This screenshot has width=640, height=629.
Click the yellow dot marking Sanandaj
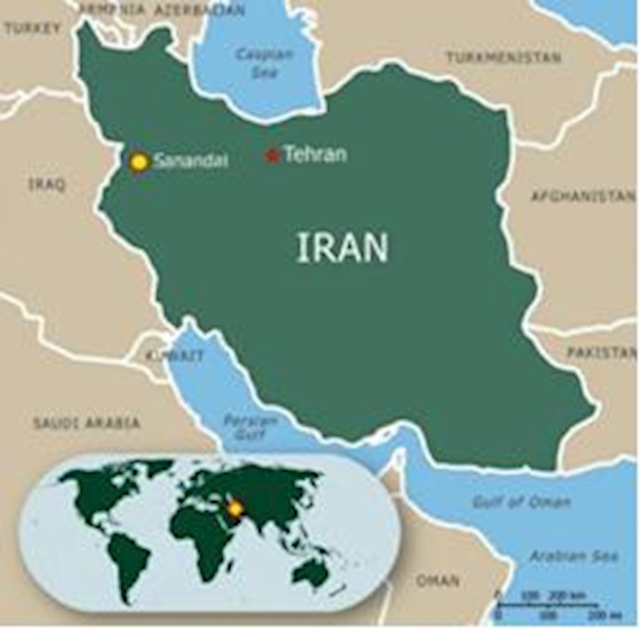pos(139,162)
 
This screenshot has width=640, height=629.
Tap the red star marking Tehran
pos(272,156)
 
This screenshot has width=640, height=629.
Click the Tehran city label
pos(315,155)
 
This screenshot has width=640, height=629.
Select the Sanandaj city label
pos(191,161)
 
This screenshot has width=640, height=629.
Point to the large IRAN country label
pos(342,247)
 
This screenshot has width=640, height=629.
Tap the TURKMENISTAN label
pos(503,57)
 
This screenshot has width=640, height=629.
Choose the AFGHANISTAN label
pos(582,196)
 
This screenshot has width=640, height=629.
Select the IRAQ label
pos(46,184)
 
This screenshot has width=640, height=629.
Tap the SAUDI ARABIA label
pos(86,422)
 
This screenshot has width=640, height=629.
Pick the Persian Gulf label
pos(250,427)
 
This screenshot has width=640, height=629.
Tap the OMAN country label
pos(437,581)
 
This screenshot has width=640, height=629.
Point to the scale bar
pos(547,607)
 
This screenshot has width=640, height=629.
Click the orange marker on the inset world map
pos(235,508)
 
